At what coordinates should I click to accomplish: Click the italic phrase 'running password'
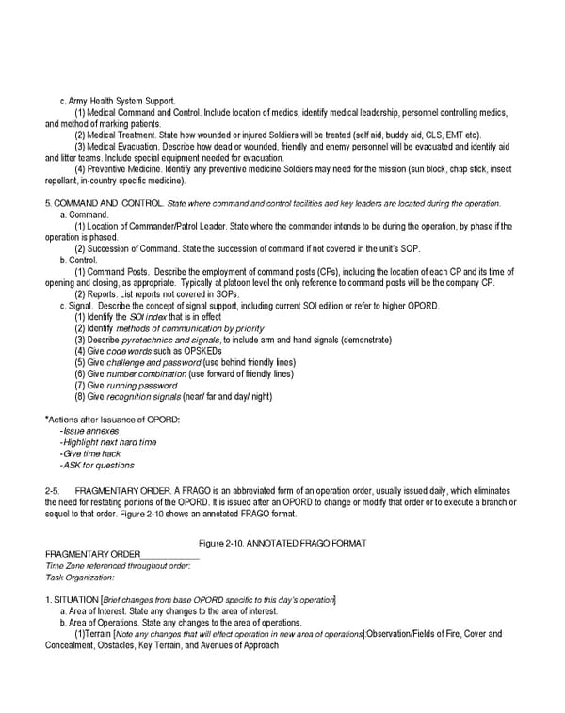click(x=142, y=386)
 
